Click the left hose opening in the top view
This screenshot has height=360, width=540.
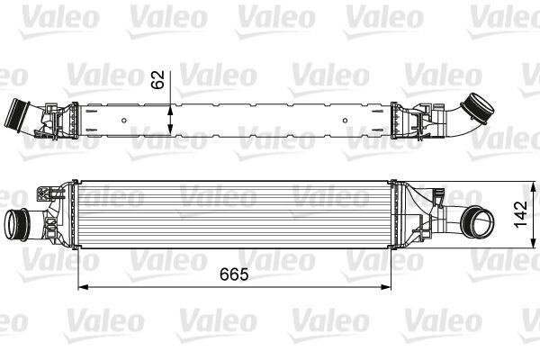pos(14,117)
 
